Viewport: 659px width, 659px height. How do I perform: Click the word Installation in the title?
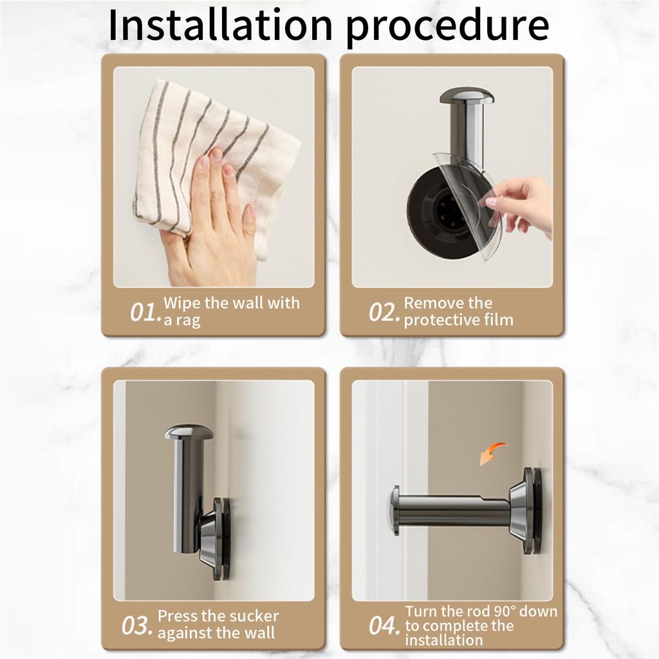[x=221, y=25]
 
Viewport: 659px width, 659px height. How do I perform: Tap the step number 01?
[x=145, y=312]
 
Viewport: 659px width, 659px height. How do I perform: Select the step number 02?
[x=384, y=312]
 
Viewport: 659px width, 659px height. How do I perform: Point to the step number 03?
[x=137, y=626]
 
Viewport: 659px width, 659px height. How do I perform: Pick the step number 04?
[x=384, y=626]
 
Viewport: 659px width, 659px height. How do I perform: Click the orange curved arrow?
[x=492, y=454]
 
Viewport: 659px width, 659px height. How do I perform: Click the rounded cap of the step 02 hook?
[x=467, y=97]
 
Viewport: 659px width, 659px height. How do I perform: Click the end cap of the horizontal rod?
[x=394, y=510]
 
